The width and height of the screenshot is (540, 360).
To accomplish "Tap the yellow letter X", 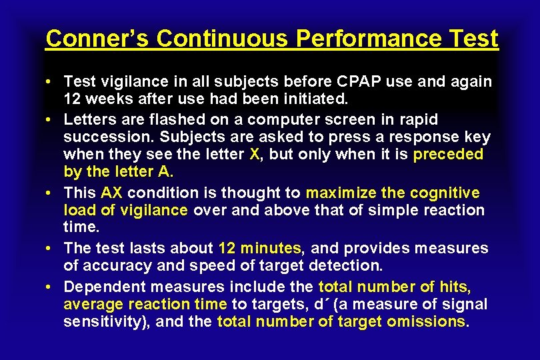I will coord(254,155).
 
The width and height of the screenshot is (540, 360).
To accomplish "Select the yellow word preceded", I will coord(448,155).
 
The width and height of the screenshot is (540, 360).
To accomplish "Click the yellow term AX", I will coord(112,193).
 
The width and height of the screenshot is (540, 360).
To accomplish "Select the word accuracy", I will coord(110,266).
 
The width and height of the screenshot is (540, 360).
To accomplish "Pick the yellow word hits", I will coord(455,287).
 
